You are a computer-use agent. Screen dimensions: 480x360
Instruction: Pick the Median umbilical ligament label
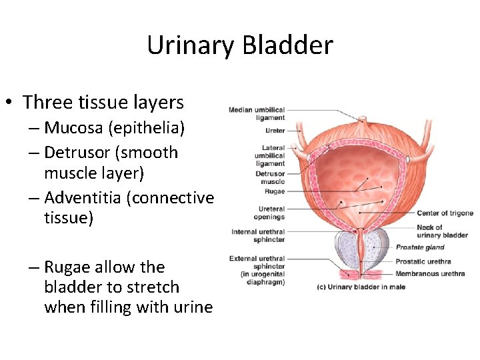coord(257,114)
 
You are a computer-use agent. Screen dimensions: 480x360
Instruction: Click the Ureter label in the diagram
coord(274,131)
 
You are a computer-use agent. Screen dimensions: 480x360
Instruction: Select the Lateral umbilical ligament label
coord(269,155)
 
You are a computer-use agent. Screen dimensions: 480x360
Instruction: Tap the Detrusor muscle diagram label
coord(270,177)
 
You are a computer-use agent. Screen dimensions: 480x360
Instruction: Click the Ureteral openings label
coord(269,213)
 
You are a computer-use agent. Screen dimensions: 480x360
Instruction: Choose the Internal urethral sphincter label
coord(259,235)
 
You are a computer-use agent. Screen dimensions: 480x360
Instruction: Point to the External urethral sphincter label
coord(257,270)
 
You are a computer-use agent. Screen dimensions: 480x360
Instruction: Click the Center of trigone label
coord(445,213)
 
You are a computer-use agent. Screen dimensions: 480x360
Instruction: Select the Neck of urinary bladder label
coord(441,231)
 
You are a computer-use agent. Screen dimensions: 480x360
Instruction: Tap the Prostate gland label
coord(420,247)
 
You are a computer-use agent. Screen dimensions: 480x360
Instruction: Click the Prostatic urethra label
coord(423,261)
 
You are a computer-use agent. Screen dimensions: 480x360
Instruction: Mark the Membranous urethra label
coord(429,273)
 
